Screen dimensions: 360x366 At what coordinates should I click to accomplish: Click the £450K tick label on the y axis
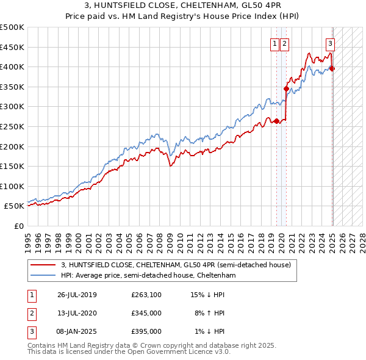tap(12, 47)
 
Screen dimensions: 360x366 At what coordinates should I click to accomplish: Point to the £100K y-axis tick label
tap(12, 186)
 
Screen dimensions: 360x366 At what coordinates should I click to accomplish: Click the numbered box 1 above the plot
tap(274, 43)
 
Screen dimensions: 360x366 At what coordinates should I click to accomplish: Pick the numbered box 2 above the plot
tap(285, 43)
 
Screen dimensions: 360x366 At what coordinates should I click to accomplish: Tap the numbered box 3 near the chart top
tap(330, 43)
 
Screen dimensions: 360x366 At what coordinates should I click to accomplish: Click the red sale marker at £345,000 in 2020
tap(286, 88)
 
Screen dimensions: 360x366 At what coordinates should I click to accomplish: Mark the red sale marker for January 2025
tap(332, 68)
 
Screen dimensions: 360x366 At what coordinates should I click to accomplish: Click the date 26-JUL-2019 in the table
tap(77, 295)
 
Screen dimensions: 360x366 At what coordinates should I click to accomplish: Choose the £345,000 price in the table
tap(146, 313)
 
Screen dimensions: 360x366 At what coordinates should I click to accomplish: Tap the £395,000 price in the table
tap(146, 331)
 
